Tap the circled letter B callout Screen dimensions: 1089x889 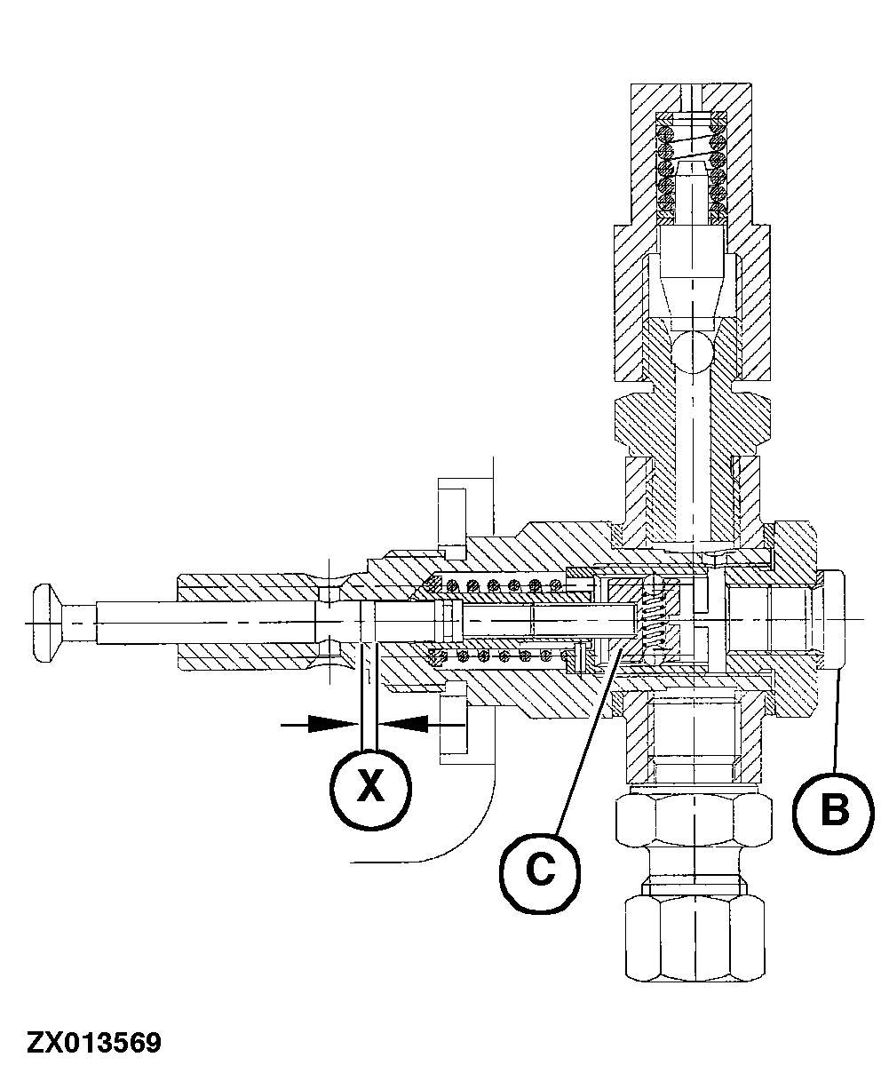tap(832, 811)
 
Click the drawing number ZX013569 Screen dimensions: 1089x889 tap(94, 1042)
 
